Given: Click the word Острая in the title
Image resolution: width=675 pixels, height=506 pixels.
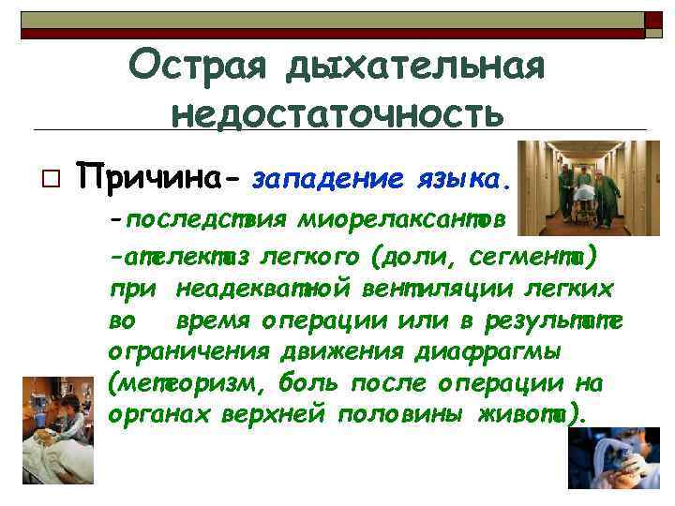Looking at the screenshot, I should [193, 65].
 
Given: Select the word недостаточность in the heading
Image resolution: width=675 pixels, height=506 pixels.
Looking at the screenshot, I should [337, 112].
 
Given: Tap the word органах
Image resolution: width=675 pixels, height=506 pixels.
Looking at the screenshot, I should [160, 415].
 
